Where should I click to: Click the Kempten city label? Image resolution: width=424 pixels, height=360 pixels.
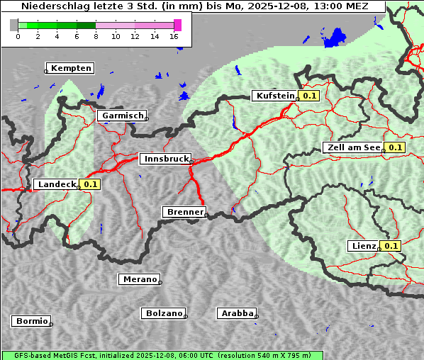coord(71,68)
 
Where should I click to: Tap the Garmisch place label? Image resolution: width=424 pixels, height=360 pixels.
coord(123,116)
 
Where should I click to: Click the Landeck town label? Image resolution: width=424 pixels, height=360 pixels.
coord(57,184)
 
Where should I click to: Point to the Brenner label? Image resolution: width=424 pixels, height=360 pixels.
coord(185,212)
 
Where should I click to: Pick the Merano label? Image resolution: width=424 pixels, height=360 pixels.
coord(139,279)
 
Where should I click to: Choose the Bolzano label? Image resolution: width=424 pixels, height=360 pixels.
coord(164,313)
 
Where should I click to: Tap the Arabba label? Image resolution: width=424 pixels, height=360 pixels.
coord(237,313)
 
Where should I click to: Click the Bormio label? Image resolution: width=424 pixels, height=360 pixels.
coord(32,321)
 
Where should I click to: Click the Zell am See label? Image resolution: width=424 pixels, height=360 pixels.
coord(352,147)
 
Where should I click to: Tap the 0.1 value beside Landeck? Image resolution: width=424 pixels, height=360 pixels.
coord(90,184)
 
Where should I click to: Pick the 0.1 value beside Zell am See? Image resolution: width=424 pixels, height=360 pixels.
coord(395,147)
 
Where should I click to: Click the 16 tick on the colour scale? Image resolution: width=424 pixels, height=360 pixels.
coord(174,37)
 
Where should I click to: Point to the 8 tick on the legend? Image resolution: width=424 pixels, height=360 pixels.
coord(96,37)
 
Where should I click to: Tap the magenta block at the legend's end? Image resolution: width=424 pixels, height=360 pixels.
coord(177,25)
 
